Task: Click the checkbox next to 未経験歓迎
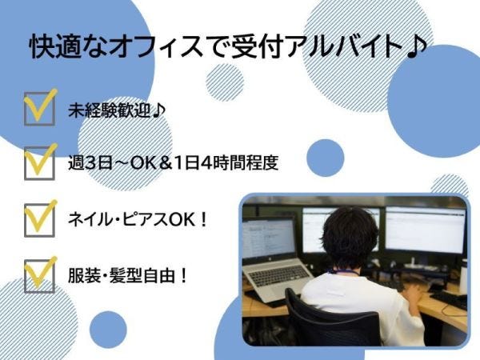pos(39,109)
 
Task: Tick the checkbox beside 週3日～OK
pos(39,163)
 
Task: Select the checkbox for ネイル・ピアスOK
pos(39,220)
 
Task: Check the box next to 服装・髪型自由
pos(39,276)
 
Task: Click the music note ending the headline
pos(416,47)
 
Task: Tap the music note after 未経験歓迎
pos(159,110)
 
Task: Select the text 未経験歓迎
pos(110,110)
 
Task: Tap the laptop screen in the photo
pos(269,238)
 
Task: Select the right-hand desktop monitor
pos(425,230)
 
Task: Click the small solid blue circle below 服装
pos(108,330)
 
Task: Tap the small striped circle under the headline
pos(224,82)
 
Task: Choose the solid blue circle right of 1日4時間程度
pos(325,158)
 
